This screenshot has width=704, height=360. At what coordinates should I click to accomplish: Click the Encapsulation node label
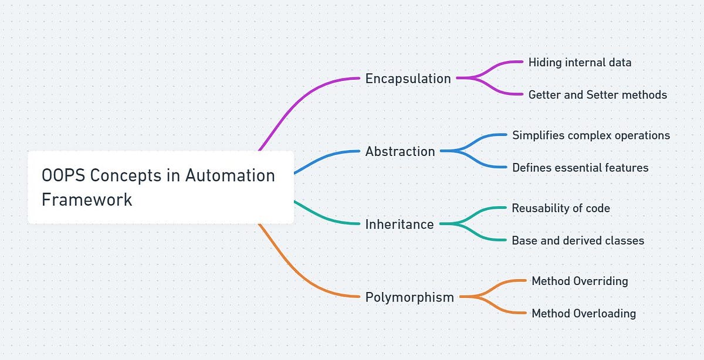[408, 79]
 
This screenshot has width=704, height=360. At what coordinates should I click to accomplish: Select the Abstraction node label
[400, 151]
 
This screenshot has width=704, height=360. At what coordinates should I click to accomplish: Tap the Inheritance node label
[400, 224]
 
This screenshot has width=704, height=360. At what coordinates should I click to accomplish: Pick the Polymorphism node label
[409, 297]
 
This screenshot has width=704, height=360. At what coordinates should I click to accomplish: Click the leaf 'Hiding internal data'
[580, 62]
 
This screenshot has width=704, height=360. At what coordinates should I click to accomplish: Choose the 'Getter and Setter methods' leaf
[597, 94]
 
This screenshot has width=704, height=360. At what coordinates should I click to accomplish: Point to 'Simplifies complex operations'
[591, 135]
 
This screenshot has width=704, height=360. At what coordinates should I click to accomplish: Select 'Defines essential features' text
[580, 168]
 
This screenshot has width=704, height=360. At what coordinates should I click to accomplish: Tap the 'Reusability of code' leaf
[561, 208]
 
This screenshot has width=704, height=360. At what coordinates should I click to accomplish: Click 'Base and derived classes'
[578, 240]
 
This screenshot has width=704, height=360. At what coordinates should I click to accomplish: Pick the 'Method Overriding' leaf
[580, 281]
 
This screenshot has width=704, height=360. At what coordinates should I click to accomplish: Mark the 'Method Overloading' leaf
[584, 313]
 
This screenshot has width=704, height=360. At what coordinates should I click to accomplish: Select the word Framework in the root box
[87, 199]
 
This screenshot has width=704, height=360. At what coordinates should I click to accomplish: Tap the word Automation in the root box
[231, 176]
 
